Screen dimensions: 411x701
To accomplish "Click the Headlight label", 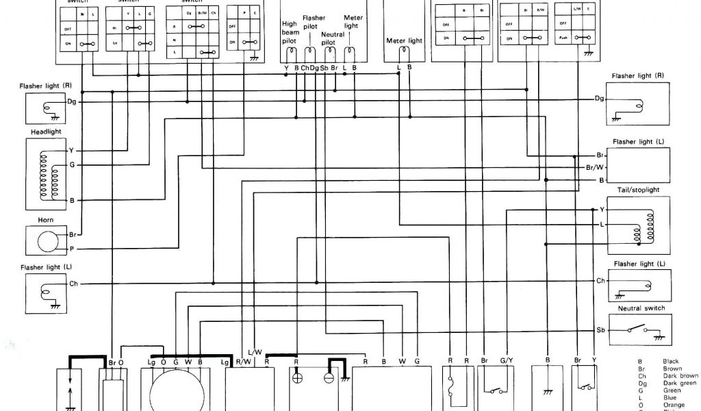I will tap(46, 132).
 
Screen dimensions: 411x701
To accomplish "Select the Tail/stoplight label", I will tap(637, 190).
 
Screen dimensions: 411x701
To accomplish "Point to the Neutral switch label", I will tap(641, 308).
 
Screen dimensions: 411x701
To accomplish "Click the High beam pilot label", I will tap(290, 32).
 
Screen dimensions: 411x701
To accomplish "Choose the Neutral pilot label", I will tap(332, 38).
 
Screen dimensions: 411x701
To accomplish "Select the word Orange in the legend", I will tap(674, 405).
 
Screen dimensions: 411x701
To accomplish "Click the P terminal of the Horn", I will tap(71, 249).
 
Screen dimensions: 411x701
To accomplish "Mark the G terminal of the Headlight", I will tap(71, 165).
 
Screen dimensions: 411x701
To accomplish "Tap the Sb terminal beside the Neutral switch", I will tap(600, 330).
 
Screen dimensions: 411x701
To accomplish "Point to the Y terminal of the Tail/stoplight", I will tap(602, 209).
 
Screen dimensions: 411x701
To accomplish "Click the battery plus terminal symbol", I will tap(296, 378).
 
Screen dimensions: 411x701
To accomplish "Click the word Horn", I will tap(46, 221).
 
